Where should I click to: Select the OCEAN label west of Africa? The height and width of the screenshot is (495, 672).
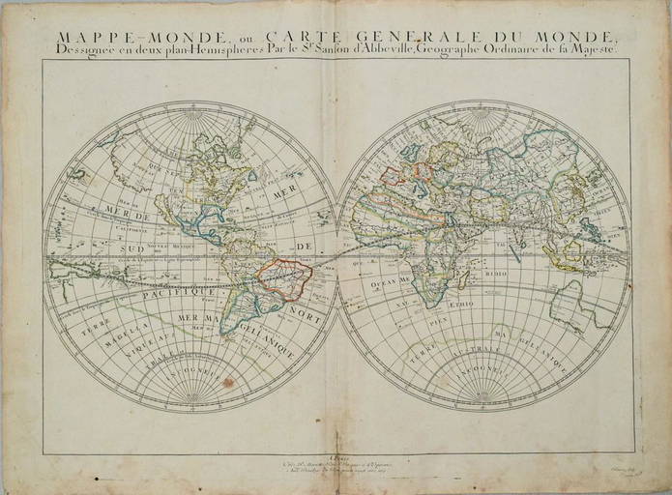pyautogui.click(x=377, y=278)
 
